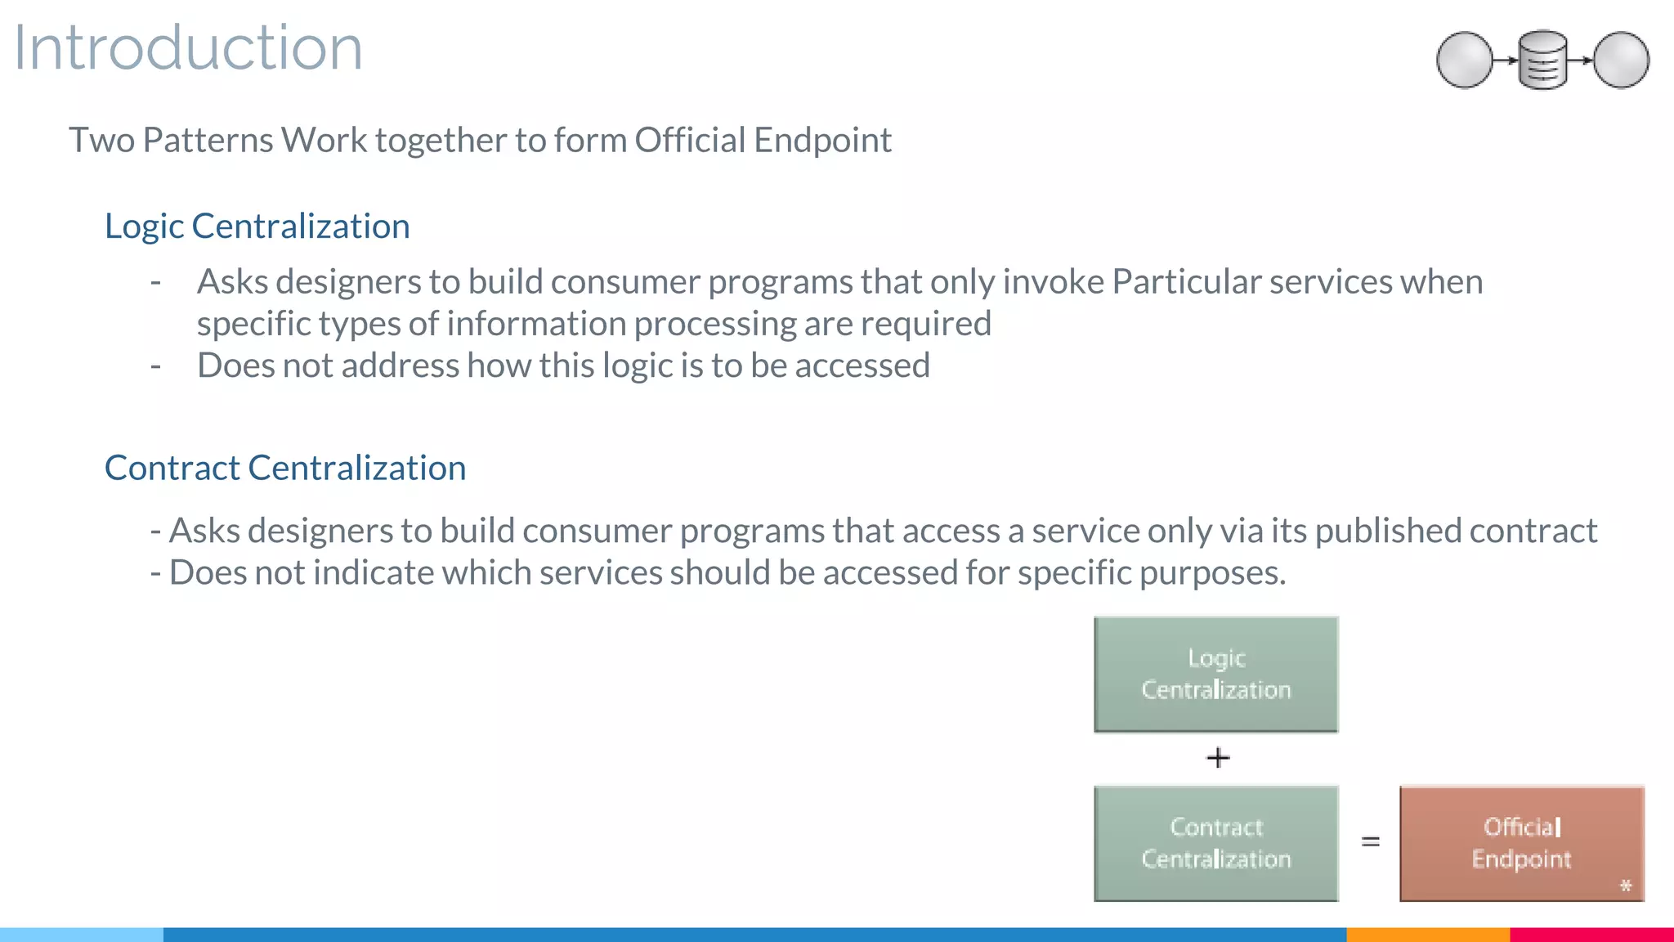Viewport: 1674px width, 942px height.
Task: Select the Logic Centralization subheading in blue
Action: point(257,227)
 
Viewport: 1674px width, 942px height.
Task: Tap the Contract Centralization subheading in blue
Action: point(285,469)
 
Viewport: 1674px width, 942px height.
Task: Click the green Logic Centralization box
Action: point(1216,675)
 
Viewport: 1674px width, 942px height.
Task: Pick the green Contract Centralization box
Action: point(1216,843)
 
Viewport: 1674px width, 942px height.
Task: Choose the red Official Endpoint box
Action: point(1521,843)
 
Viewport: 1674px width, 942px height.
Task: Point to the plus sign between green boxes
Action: point(1218,758)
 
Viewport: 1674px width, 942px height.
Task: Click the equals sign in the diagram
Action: point(1371,841)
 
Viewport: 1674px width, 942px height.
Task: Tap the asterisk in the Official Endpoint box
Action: point(1626,886)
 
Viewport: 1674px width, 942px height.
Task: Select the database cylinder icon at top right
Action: point(1542,60)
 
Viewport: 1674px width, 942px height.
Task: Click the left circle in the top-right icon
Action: point(1465,60)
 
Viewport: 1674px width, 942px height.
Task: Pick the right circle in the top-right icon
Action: point(1622,60)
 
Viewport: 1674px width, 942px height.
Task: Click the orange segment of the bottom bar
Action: point(1427,935)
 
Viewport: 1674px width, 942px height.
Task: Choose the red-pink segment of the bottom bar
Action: point(1591,935)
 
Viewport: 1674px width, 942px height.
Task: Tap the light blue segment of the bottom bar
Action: point(82,935)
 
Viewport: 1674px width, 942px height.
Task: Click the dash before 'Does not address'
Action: point(155,366)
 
